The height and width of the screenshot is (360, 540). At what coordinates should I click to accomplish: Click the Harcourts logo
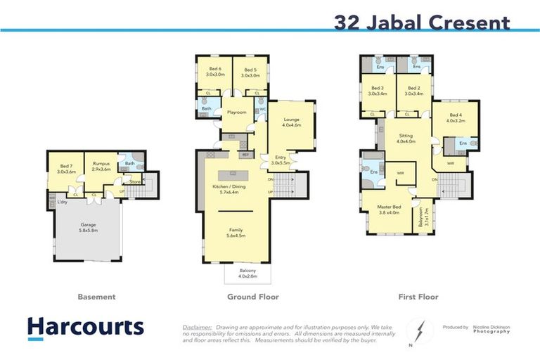[85, 327]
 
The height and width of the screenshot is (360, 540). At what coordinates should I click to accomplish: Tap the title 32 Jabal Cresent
[422, 22]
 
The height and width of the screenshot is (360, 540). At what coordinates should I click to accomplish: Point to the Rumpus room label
[101, 167]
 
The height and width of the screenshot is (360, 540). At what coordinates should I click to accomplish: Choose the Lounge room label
[292, 122]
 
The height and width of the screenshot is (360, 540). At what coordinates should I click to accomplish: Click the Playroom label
[236, 112]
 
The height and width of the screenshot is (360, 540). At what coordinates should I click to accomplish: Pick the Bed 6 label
[214, 71]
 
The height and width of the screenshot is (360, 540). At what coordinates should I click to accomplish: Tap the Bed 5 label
[251, 71]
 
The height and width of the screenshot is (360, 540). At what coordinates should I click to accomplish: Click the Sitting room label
[406, 138]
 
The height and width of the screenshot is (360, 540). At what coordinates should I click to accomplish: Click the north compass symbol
[417, 331]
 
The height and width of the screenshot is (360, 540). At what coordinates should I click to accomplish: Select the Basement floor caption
[96, 297]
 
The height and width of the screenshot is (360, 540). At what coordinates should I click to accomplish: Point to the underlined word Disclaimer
[197, 328]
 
